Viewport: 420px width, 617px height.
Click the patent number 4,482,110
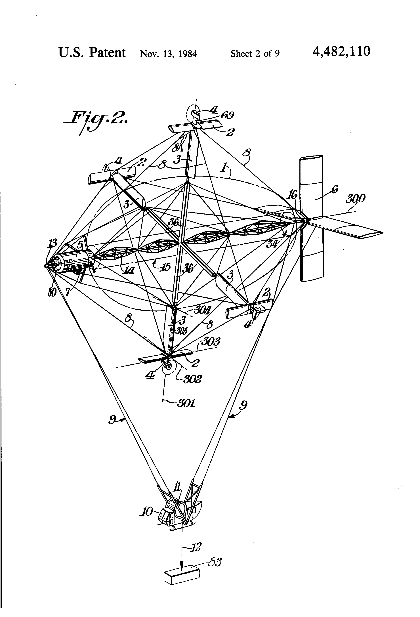pos(341,51)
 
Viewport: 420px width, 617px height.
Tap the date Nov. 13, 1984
pos(168,54)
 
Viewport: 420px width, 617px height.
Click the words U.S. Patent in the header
pos(92,53)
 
